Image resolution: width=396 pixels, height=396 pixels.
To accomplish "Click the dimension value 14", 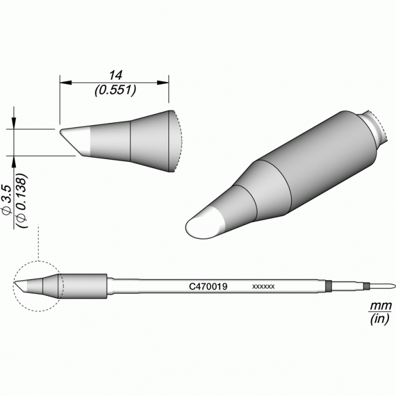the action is pos(116,75).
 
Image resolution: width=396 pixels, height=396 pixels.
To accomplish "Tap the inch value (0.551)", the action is pos(115,90).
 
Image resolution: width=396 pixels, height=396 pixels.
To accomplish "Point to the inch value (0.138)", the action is pos(22,200).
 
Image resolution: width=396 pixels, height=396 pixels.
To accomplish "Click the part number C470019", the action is pos(208,287).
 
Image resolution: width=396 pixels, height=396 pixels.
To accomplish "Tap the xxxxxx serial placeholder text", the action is pos(263,287).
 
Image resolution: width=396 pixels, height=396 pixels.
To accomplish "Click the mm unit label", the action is pos(381,306).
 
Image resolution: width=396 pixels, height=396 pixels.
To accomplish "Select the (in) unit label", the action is pos(380,319).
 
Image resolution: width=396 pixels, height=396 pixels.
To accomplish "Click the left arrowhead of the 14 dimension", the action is pos(66,83).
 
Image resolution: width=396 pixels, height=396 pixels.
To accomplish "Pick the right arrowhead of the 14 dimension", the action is pos(163,83).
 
